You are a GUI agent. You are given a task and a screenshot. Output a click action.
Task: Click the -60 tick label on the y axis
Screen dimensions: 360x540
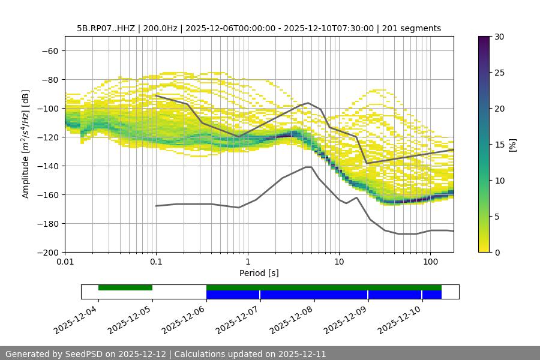pyautogui.click(x=49, y=50)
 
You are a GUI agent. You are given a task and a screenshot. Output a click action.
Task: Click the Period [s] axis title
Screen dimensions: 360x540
pyautogui.click(x=259, y=273)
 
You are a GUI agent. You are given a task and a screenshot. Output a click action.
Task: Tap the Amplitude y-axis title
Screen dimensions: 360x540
pyautogui.click(x=26, y=144)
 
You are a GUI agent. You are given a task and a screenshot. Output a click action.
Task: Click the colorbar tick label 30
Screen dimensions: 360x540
pyautogui.click(x=499, y=37)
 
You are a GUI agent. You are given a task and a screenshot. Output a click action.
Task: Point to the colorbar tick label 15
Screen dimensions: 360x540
pyautogui.click(x=499, y=145)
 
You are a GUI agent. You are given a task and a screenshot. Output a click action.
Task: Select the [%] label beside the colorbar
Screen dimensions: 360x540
pyautogui.click(x=512, y=145)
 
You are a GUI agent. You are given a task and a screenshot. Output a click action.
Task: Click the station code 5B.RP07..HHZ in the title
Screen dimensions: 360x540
pyautogui.click(x=105, y=28)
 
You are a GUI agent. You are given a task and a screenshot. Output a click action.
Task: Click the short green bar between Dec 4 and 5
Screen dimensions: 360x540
pyautogui.click(x=125, y=287)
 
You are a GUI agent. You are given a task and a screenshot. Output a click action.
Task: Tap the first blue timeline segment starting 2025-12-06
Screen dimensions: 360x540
pyautogui.click(x=233, y=295)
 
